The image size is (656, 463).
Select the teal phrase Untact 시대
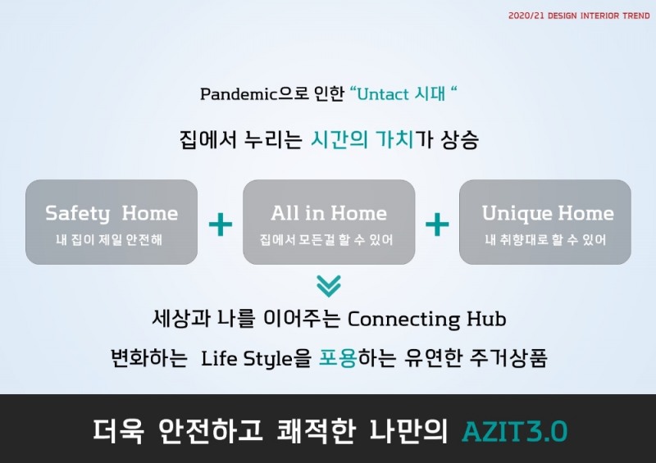(x=403, y=93)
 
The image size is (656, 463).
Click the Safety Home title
(x=112, y=214)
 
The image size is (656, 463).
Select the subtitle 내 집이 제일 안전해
(x=112, y=240)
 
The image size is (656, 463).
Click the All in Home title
(x=329, y=214)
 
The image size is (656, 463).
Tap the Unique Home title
(x=548, y=214)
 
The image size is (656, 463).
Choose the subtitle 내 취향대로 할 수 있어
(x=545, y=240)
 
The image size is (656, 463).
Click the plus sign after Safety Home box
(x=220, y=224)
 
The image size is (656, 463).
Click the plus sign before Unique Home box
(x=437, y=224)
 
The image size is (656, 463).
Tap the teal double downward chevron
(x=328, y=286)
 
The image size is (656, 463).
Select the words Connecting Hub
(x=427, y=318)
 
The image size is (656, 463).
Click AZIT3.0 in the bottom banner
(x=514, y=431)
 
